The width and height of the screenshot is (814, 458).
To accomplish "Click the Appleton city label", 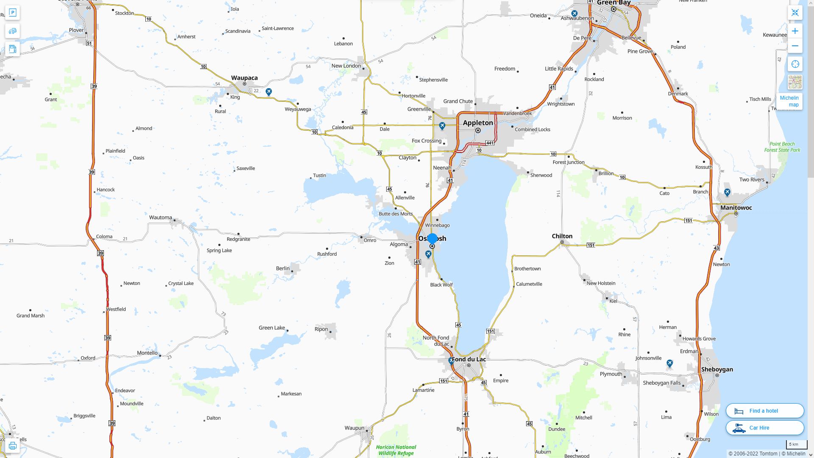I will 478,123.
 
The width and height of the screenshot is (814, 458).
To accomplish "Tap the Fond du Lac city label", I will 469,359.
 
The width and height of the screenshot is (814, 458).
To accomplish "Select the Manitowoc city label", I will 736,208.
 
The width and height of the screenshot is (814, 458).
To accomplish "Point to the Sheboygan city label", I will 717,369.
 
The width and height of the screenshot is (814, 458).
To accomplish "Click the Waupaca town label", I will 244,78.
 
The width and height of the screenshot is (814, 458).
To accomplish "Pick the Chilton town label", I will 562,236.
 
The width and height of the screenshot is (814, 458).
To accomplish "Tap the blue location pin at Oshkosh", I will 432,239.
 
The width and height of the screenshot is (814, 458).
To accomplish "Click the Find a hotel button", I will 765,411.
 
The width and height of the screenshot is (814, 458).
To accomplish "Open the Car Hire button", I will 765,428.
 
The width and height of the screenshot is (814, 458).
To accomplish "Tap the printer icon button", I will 12,446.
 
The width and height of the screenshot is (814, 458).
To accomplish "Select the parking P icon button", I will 13,13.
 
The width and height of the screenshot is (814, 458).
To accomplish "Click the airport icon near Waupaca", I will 269,92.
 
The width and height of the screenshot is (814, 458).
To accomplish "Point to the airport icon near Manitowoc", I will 727,193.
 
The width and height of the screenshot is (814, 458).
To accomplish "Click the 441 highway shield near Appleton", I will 490,143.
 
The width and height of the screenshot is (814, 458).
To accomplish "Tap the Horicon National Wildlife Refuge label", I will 396,450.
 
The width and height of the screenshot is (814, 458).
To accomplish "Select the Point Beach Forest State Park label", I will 782,147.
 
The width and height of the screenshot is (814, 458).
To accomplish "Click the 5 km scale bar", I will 796,444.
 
